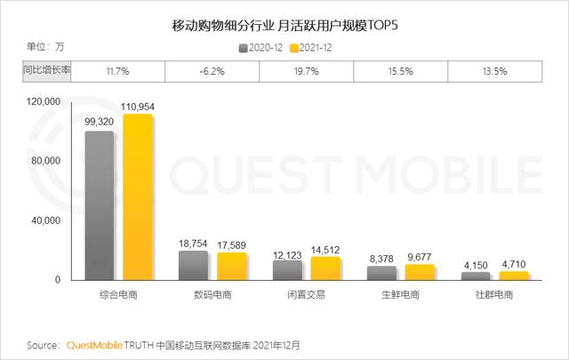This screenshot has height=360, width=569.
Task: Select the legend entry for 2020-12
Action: coord(264,48)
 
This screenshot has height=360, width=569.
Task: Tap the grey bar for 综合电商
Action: coord(100,206)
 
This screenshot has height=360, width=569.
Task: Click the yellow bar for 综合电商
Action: coord(138,197)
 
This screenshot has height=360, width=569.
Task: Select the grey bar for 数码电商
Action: coord(193,266)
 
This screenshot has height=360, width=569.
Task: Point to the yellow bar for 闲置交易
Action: coord(325,268)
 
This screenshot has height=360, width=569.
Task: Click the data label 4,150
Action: coord(477,264)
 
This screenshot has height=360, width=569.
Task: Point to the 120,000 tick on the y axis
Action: coord(43,102)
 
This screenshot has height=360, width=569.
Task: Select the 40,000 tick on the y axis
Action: coord(45,220)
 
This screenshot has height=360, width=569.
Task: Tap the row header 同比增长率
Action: coord(46,71)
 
